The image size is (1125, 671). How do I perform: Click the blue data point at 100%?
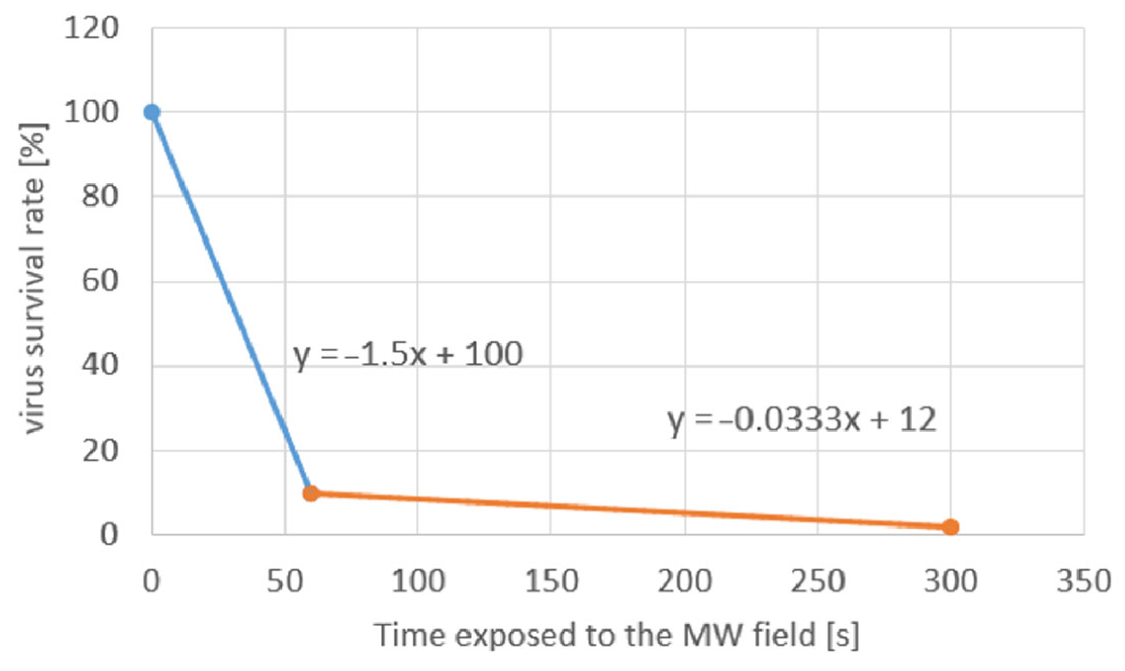pos(152,112)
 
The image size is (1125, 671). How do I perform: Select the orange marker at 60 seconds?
pos(311,493)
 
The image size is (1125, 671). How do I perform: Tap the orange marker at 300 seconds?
pos(951,527)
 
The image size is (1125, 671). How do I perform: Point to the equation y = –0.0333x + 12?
pos(802,420)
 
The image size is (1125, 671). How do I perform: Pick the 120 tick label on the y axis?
pos(91,28)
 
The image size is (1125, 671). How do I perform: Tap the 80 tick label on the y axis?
pos(100,196)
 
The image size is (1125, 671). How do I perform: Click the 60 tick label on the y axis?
pos(100,281)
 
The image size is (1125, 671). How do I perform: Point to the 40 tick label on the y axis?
pos(100,365)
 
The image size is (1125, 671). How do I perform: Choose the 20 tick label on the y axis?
pos(100,450)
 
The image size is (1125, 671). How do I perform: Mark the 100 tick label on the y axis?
pos(91,112)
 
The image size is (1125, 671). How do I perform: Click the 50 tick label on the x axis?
pos(285,581)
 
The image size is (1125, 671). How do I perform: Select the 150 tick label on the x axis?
pos(551,581)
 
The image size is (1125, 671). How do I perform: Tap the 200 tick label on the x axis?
pos(684,581)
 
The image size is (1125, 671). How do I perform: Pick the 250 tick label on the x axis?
pos(817,581)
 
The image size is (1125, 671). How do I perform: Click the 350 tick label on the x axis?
pos(1084,581)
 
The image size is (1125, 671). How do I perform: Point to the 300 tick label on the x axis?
pos(951,581)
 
